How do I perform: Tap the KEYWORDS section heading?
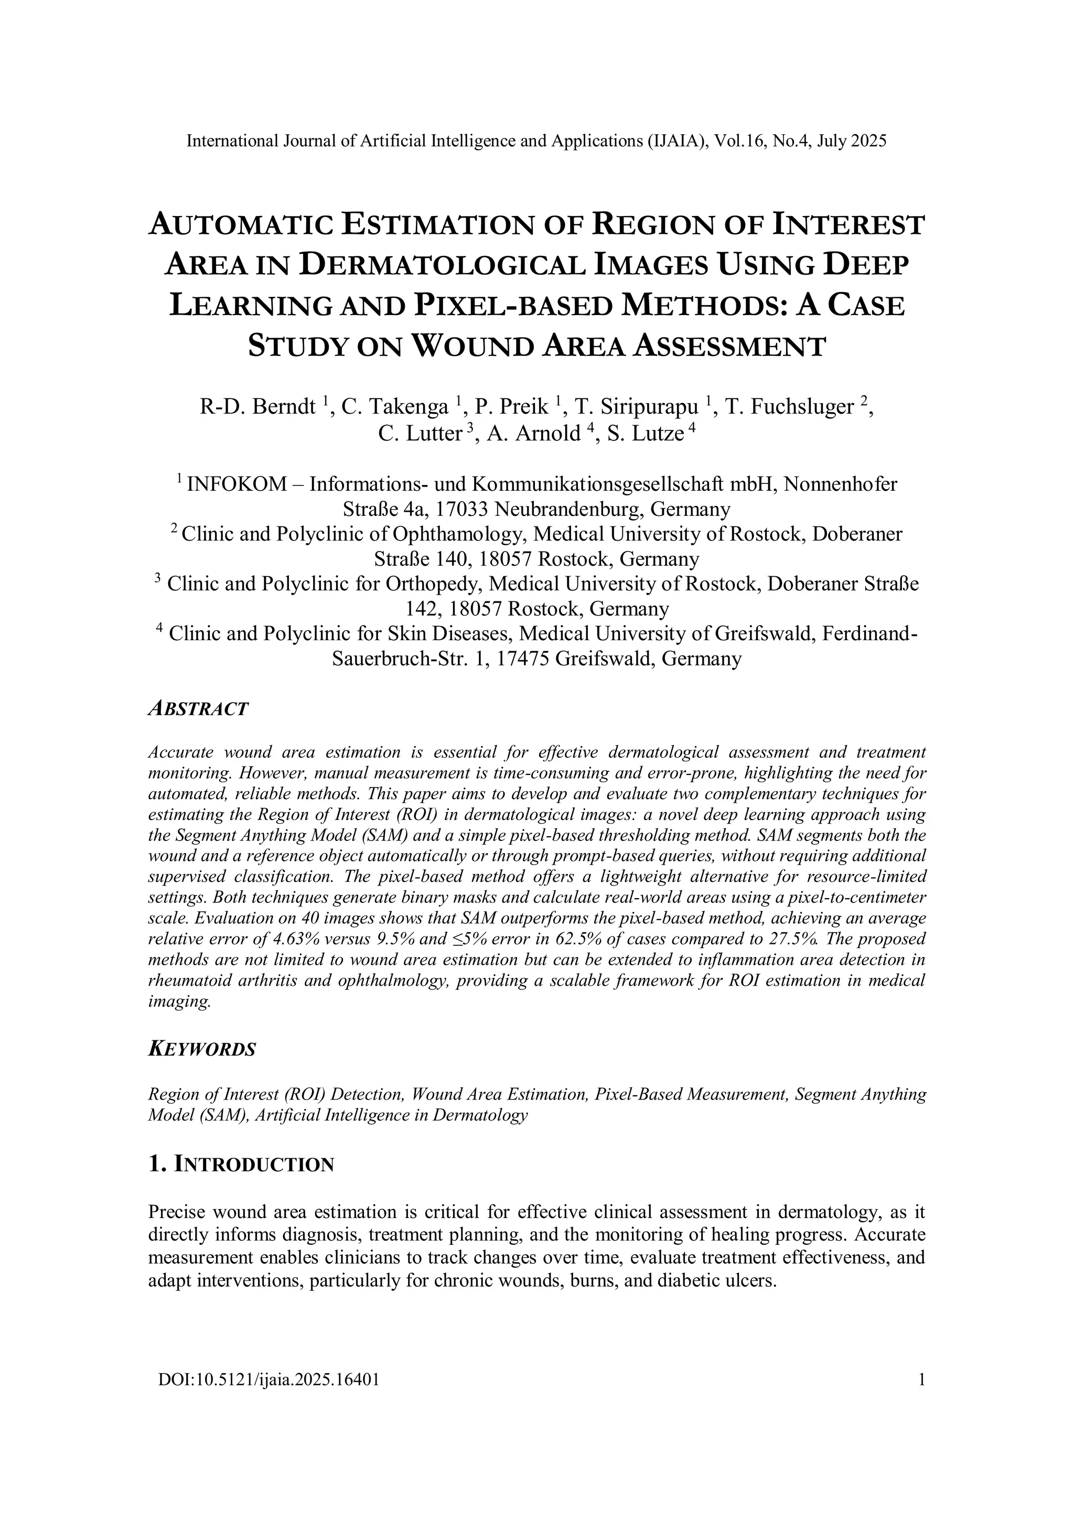202,1049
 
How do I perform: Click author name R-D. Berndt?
257,406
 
